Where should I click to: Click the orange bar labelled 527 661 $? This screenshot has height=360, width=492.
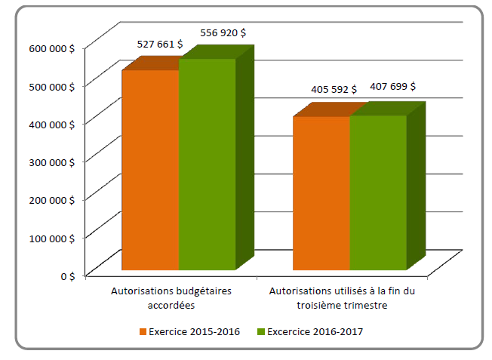pos(150,170)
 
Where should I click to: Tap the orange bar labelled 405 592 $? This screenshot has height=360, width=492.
pos(321,193)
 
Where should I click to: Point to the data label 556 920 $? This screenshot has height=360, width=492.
pos(223,33)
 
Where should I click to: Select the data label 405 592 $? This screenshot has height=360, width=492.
pos(334,90)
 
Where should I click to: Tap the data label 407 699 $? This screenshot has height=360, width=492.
pos(392,87)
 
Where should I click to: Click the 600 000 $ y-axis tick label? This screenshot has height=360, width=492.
pos(54,48)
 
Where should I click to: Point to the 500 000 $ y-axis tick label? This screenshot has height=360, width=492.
pos(54,85)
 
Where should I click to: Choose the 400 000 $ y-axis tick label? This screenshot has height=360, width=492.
pos(54,123)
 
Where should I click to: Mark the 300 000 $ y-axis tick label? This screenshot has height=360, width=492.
pos(54,161)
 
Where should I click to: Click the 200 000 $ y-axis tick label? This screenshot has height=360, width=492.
pos(54,199)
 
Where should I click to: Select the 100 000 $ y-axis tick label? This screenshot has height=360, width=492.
pos(54,237)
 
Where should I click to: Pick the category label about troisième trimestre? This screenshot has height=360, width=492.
pos(343,297)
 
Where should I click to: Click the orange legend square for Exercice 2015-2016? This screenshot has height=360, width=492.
pos(143,331)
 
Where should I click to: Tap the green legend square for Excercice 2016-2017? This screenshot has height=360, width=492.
pos(261,331)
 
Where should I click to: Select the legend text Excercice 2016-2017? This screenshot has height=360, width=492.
pos(310,331)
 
